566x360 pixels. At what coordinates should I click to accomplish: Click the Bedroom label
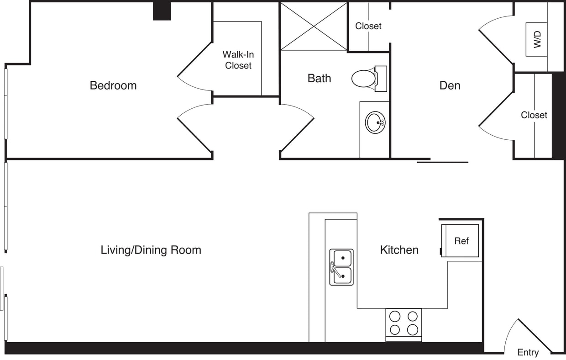point(113,85)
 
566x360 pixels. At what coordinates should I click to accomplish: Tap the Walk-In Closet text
point(238,60)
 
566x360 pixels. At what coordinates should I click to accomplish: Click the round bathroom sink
point(375,122)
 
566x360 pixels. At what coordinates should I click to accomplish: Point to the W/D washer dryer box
point(536,40)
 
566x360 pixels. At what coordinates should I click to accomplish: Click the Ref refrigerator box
point(461,240)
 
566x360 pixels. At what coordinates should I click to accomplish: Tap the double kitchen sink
point(341,267)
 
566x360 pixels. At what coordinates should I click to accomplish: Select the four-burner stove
point(404,323)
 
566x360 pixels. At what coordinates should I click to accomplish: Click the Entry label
point(528,352)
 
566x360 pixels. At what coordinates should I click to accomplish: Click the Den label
point(450,85)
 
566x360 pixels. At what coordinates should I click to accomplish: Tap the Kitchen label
point(399,250)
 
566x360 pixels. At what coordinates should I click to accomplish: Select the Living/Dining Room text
point(151,250)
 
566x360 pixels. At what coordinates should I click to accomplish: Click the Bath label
point(319,79)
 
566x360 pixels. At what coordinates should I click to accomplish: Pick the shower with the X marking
point(314,26)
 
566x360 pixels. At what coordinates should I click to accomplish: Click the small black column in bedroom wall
point(162,11)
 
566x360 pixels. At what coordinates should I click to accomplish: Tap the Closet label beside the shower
point(368,26)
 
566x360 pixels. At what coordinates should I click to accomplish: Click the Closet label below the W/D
point(534,115)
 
